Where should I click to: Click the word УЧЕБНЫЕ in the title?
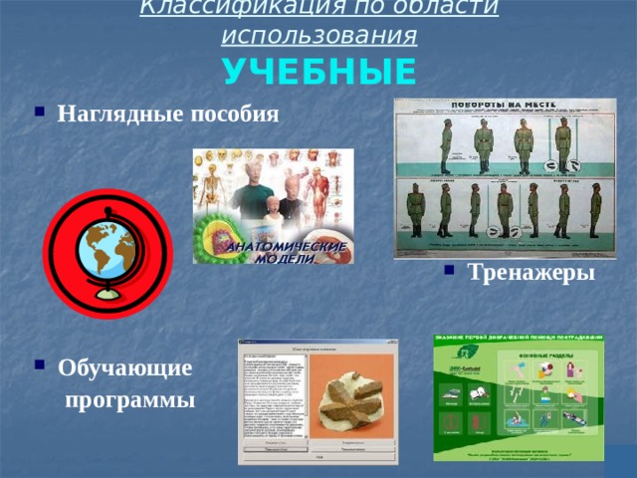coord(318,72)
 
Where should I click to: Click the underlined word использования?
coord(318,37)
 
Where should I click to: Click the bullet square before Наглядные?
coord(38,113)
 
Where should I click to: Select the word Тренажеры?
coord(528,273)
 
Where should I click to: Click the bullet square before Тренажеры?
coord(448,271)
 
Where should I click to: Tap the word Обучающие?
coord(124,368)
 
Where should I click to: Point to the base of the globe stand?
coord(108,296)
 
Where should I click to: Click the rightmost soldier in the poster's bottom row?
coord(595,211)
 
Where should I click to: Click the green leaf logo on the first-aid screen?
coord(460,351)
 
